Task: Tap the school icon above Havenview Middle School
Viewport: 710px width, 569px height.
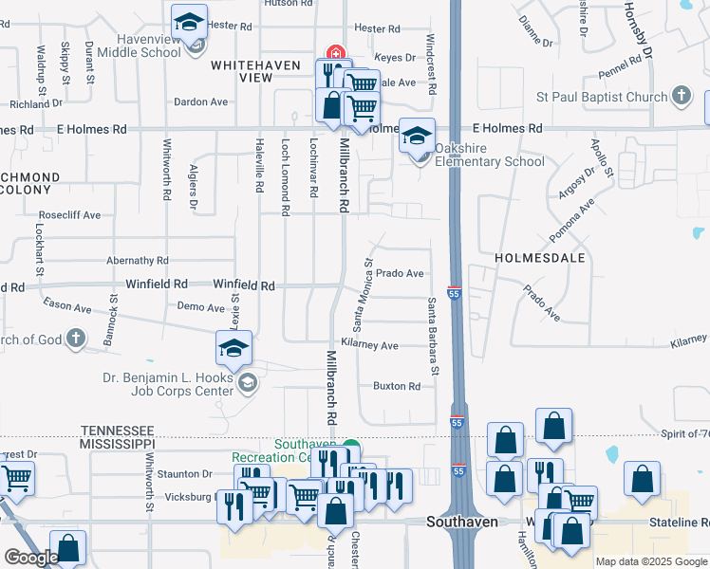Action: click(190, 22)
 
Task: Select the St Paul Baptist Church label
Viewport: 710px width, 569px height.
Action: click(603, 97)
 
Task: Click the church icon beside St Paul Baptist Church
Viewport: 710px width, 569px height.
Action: click(681, 96)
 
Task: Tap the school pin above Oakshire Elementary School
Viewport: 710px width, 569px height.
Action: click(417, 135)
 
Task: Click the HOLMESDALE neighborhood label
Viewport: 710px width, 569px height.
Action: click(538, 257)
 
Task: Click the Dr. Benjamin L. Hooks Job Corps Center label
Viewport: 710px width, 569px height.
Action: click(168, 384)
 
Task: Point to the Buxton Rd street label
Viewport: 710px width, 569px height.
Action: click(397, 386)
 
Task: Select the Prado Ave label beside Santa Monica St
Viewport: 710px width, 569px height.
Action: click(400, 273)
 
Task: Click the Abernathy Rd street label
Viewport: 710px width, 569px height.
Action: click(138, 260)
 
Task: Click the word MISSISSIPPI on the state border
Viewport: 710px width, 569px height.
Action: click(118, 444)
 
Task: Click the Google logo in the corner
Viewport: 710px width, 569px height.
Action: click(30, 558)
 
